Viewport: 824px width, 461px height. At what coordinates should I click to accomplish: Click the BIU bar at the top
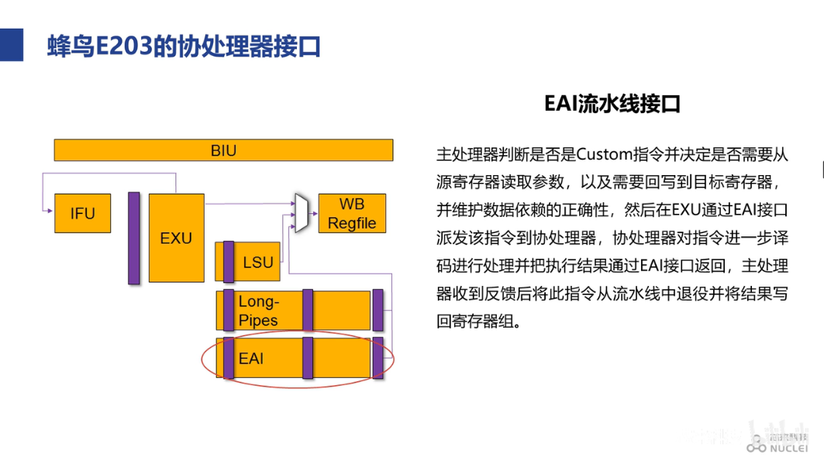223,150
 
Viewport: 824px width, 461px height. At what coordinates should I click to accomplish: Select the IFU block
82,213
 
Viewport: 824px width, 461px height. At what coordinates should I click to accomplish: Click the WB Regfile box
351,213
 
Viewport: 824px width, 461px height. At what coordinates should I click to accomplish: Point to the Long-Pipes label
258,311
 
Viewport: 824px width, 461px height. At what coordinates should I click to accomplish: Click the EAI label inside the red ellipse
251,359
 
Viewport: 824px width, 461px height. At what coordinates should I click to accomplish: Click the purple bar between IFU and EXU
133,238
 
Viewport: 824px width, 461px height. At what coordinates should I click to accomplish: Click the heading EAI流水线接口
612,105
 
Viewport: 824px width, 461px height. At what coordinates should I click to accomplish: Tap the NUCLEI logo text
788,448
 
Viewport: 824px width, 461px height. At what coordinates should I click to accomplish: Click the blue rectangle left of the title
11,46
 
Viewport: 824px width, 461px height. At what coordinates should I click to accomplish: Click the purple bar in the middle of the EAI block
308,358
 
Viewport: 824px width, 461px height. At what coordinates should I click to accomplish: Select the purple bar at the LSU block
229,262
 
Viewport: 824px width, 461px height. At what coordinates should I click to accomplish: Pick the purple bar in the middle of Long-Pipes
308,310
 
